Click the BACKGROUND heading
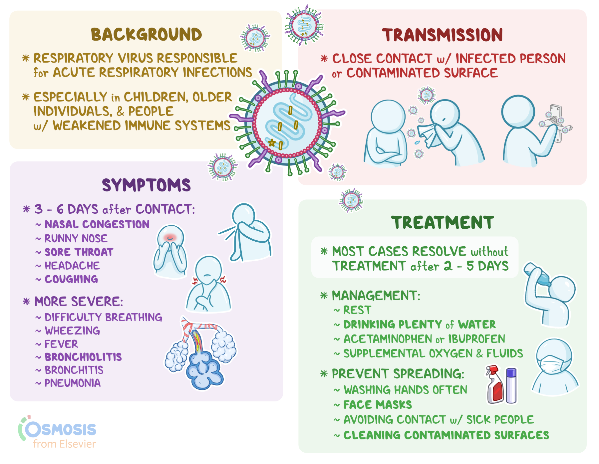[146, 35]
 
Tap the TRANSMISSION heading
[442, 35]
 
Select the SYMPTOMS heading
[146, 185]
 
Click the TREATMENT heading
[442, 222]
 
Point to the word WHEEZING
[72, 331]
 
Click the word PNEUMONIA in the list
[72, 383]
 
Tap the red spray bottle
[495, 386]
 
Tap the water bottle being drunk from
[537, 275]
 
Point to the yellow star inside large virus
[272, 143]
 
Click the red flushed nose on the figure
[170, 237]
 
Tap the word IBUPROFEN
[476, 339]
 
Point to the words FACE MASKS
[378, 404]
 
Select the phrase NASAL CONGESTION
[97, 224]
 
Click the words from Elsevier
[64, 444]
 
